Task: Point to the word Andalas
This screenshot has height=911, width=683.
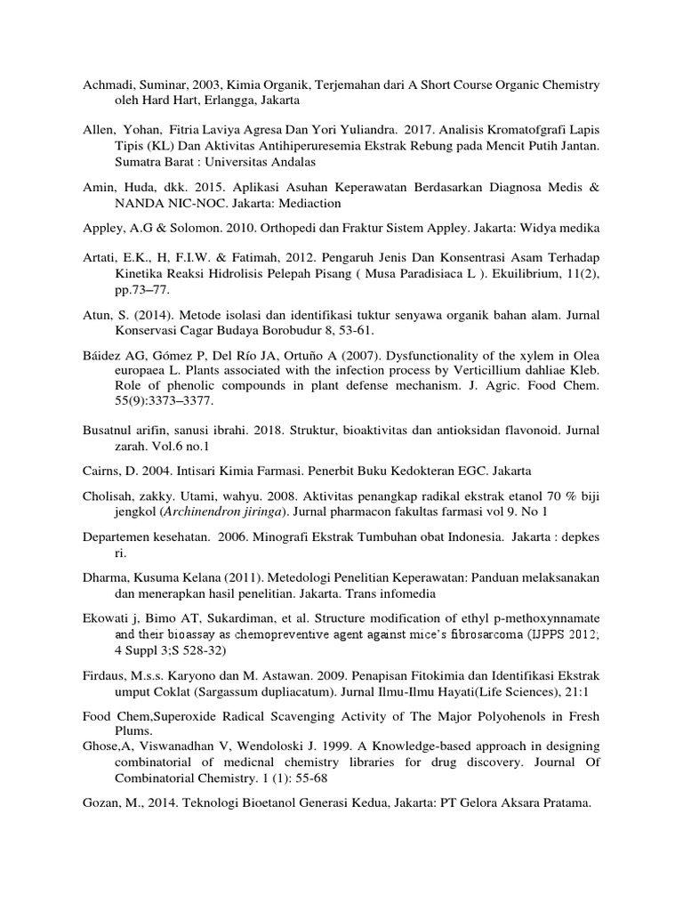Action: tap(290, 161)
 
